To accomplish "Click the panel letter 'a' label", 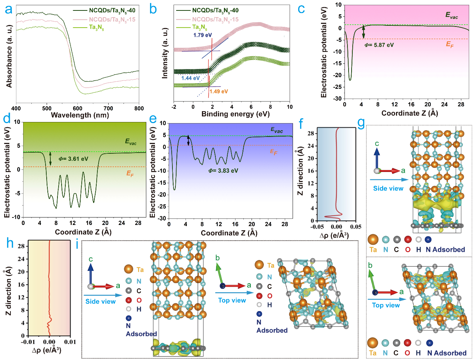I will coord(8,9).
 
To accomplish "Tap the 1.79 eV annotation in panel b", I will coord(202,35).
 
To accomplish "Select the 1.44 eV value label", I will coord(190,78).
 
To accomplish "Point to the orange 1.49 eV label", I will coord(218,91).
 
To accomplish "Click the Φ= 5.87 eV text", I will coord(379,45).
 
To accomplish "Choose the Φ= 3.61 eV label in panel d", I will coord(74,159).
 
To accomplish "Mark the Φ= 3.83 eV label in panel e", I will coord(223,170).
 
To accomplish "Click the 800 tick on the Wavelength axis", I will coord(139,108).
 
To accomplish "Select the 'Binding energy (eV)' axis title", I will coord(235,114).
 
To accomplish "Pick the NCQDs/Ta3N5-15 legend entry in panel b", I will coord(215,19).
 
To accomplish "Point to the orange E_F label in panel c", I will coord(450,44).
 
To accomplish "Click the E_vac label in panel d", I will coord(131,142).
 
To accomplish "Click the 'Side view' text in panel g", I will coord(388,188).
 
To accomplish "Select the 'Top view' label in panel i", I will coord(232,300).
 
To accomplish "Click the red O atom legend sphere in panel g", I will coord(408,239).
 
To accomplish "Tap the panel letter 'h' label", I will coord(10,244).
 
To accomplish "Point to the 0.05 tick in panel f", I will coord(356,227).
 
